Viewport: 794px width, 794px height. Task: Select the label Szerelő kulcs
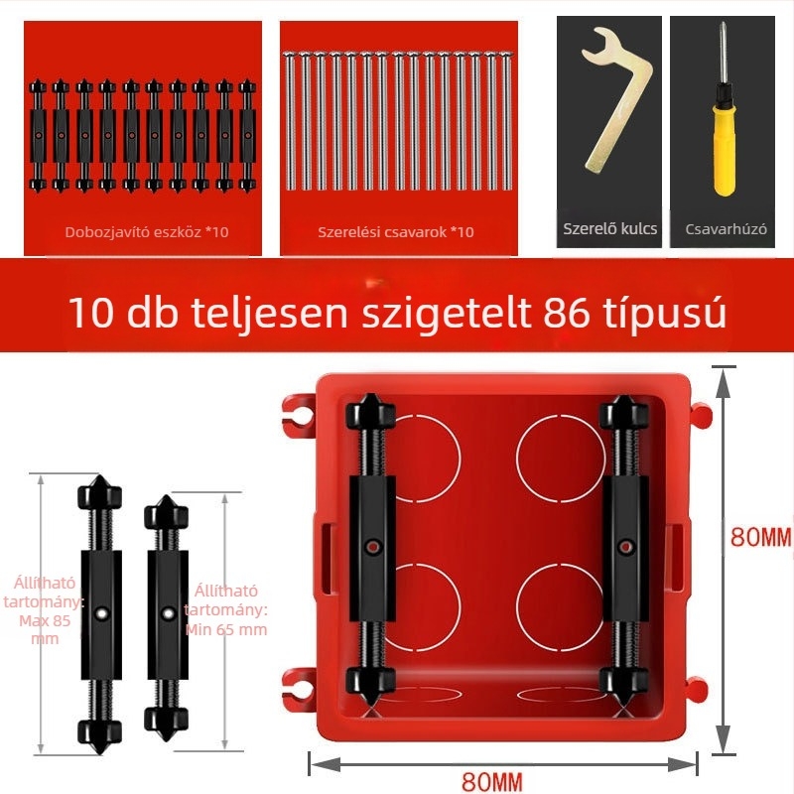609,228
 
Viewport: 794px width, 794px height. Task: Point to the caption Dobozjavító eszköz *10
146,232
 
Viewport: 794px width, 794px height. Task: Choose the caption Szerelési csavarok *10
396,232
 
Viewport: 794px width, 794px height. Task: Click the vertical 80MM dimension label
760,537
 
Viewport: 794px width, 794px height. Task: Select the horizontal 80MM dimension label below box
493,781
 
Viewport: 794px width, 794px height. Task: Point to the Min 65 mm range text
226,627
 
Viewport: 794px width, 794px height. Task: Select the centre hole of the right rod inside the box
624,544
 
